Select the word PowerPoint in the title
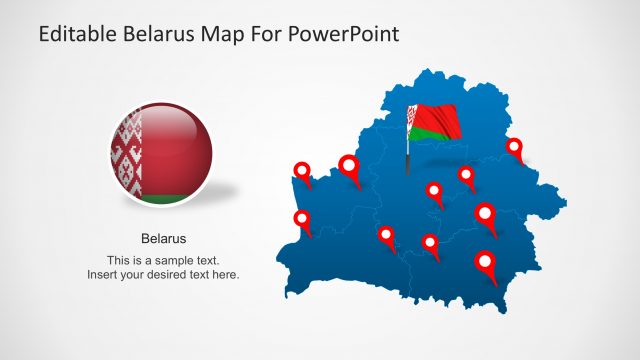pyautogui.click(x=343, y=34)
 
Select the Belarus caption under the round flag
pyautogui.click(x=163, y=239)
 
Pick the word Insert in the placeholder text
pyautogui.click(x=103, y=274)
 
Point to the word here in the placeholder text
pyautogui.click(x=222, y=274)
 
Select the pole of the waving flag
pyautogui.click(x=408, y=150)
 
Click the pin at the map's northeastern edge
pyautogui.click(x=514, y=148)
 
